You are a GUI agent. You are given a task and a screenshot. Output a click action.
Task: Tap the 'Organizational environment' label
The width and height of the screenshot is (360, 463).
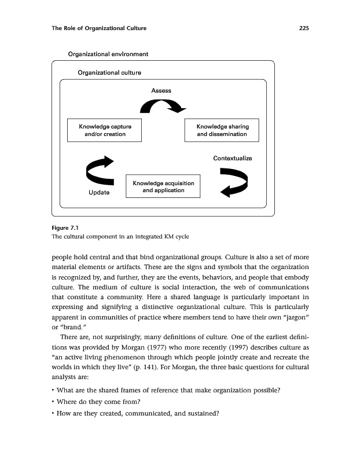pos(108,54)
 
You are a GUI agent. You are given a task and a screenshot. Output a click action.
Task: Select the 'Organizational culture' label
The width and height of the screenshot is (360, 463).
pos(109,72)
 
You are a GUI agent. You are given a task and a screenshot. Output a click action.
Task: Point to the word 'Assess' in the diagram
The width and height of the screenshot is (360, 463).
pos(161,90)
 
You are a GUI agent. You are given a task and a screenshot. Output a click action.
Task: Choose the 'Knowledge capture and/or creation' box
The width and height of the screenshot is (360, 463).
pos(105,130)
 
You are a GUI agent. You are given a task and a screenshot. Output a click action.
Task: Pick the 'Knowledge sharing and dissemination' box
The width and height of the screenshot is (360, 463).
pos(222,130)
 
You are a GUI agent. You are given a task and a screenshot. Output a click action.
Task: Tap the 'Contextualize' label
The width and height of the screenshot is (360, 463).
pos(233,158)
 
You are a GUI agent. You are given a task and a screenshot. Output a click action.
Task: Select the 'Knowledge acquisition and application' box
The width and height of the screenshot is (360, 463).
pos(163,187)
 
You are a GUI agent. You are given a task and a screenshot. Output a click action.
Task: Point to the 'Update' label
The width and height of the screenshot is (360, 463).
pos(99,192)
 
